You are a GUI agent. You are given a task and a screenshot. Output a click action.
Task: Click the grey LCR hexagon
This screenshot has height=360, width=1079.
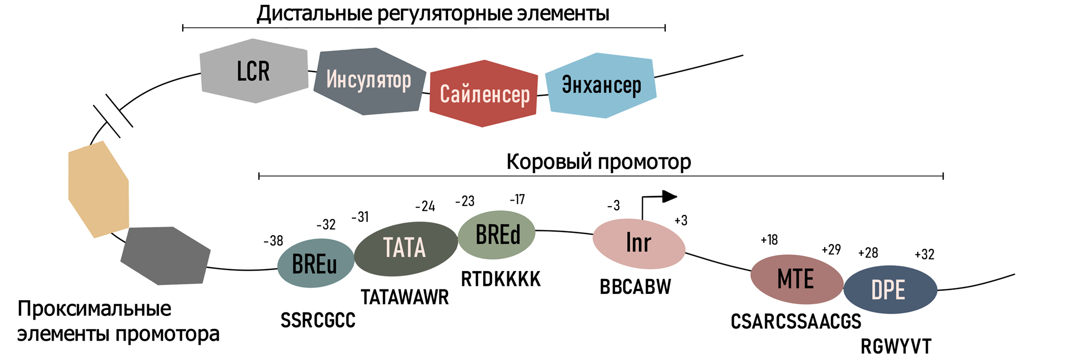point(254,71)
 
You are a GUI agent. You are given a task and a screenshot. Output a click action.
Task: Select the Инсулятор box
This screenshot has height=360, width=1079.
point(369,81)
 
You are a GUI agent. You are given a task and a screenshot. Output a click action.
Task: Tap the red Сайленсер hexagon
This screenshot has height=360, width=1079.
point(484,93)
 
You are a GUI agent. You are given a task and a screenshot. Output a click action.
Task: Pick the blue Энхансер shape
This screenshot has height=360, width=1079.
point(601,85)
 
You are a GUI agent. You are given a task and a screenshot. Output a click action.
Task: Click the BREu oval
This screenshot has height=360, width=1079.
point(315,263)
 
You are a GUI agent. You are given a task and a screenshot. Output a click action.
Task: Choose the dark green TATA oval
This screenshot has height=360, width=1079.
point(406,248)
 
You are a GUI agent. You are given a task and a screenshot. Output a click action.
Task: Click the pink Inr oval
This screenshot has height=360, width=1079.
point(639,244)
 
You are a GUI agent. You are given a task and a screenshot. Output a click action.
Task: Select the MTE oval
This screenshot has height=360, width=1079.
point(796,279)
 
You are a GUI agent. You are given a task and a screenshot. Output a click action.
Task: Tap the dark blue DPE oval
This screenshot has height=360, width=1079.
point(890,289)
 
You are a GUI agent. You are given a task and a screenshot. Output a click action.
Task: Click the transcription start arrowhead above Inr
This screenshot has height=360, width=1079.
point(670,197)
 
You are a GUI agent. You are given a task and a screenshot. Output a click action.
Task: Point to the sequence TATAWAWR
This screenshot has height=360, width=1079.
point(404,297)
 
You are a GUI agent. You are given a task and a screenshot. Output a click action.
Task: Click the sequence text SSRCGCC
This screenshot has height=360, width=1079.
point(318,320)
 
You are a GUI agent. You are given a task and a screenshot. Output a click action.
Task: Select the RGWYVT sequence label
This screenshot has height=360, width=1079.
point(896,347)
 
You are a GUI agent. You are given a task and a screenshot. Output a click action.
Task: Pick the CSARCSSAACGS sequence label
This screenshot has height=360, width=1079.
point(796,321)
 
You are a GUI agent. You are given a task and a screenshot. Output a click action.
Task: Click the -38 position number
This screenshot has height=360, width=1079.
point(274,241)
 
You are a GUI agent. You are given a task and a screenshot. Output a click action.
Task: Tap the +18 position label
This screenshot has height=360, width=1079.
point(769,240)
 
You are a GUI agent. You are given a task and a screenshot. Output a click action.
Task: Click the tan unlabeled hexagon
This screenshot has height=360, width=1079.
point(98,189)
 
